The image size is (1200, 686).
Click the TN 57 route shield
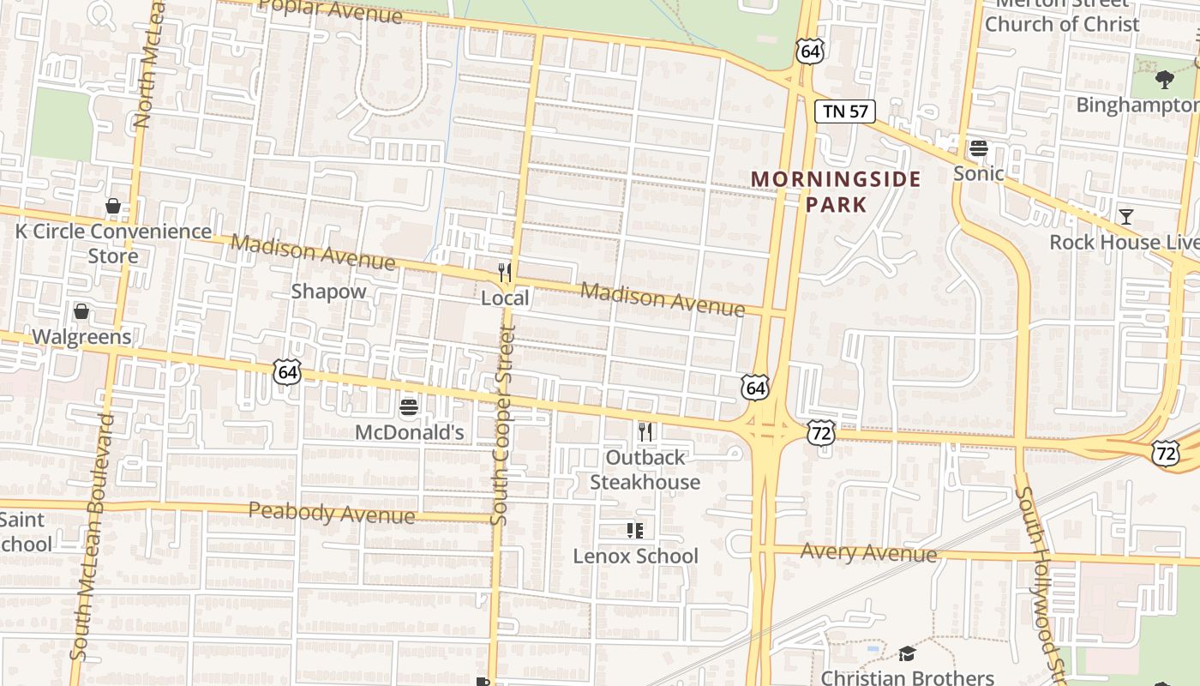[844, 111]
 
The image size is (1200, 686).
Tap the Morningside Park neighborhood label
[836, 191]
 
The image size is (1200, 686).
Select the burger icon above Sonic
[979, 148]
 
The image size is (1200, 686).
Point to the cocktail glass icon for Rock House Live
[1125, 217]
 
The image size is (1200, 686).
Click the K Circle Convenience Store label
[113, 244]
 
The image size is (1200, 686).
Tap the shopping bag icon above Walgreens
[81, 311]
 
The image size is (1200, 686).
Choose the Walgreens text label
[81, 337]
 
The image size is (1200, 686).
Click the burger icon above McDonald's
[409, 406]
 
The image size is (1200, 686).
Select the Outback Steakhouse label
[645, 469]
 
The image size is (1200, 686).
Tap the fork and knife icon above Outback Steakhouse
[645, 432]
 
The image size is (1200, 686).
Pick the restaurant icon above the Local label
[505, 273]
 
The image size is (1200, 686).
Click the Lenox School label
[635, 556]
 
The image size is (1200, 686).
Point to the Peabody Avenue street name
[332, 514]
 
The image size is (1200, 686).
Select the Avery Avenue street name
[868, 553]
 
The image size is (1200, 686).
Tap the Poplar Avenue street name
[330, 12]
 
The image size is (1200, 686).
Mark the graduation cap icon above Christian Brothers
[907, 654]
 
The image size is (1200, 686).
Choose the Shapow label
[328, 292]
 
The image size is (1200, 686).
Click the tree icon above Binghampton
[1164, 80]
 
